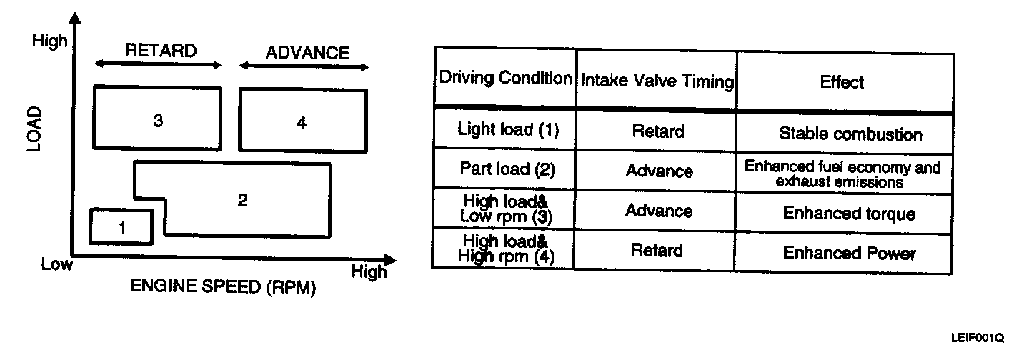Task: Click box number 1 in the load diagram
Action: (121, 227)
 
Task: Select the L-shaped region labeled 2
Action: (243, 201)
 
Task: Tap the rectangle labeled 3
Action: (158, 119)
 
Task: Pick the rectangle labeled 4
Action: (302, 121)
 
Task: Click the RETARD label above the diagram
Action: (160, 51)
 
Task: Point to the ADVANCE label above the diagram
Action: (307, 52)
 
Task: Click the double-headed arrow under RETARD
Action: (159, 65)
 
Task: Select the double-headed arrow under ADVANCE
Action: (304, 67)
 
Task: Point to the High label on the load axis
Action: (49, 41)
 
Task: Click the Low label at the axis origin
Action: (56, 265)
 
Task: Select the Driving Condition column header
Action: (504, 78)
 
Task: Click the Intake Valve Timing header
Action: (657, 81)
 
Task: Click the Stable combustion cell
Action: (850, 134)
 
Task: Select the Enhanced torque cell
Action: (849, 214)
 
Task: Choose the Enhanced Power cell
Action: (849, 253)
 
